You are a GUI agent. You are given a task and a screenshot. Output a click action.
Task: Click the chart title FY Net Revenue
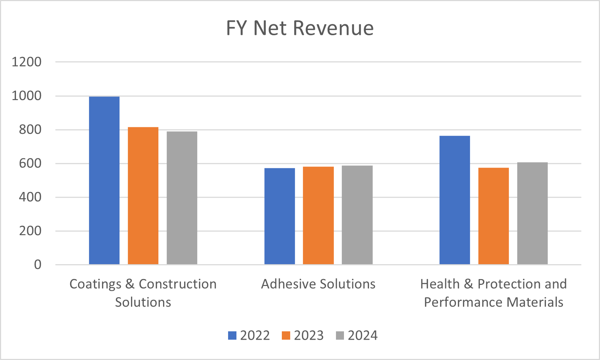(300, 28)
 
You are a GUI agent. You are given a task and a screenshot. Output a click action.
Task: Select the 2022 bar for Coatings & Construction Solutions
(104, 180)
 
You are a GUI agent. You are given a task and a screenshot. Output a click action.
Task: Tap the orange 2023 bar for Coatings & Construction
(143, 196)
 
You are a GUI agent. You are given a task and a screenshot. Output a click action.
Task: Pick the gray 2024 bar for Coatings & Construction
(182, 198)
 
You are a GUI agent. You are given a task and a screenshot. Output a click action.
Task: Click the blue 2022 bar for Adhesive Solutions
(280, 216)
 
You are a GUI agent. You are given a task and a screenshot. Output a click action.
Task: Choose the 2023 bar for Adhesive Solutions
(318, 216)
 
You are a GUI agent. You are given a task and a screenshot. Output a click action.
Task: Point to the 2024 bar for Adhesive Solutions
(357, 215)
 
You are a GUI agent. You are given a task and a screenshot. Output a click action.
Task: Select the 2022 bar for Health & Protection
(455, 200)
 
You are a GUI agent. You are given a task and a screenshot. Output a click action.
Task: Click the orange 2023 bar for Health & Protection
(493, 216)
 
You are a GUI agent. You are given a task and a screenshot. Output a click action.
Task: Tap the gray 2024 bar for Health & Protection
(532, 213)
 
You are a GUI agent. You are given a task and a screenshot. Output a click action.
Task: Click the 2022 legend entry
(249, 335)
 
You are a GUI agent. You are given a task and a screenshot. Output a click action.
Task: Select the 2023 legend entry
(303, 335)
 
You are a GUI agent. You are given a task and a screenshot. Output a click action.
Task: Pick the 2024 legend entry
(357, 335)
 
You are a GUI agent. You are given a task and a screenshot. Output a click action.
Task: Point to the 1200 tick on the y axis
(27, 62)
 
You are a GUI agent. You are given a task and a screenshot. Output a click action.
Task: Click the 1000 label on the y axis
(27, 96)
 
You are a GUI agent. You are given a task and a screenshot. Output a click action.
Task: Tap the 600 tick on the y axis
(30, 164)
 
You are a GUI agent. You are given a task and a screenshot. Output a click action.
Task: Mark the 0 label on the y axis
(38, 265)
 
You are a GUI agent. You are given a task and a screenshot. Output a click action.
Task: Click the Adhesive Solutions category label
(318, 284)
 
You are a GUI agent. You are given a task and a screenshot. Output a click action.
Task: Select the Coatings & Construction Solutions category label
(143, 293)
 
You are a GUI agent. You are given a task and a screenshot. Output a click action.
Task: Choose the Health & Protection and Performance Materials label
(493, 293)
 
